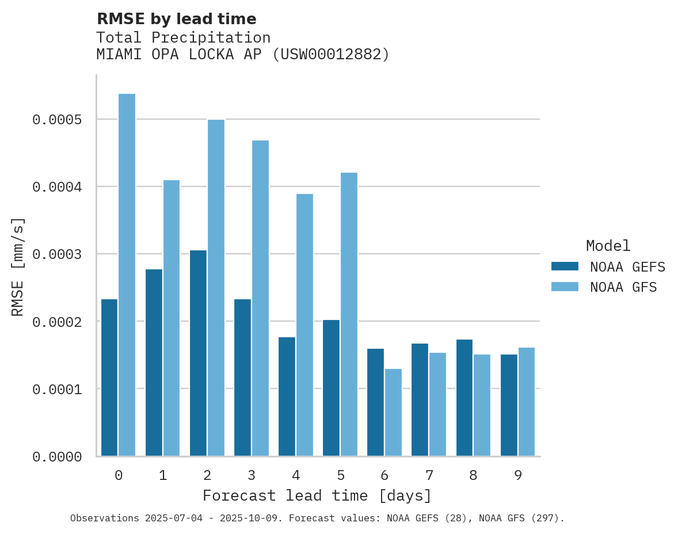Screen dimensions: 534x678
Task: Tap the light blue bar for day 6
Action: [393, 412]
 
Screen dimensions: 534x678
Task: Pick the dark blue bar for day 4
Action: [287, 396]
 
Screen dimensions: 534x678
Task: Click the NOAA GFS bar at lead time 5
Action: [349, 314]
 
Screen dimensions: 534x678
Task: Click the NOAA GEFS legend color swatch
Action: [564, 266]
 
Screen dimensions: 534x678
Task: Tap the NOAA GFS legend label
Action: [623, 287]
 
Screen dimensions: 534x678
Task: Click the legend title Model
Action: [608, 246]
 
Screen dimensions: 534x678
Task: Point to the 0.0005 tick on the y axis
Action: [58, 120]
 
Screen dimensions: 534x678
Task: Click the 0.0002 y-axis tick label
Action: [58, 322]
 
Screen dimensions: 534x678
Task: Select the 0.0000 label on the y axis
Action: [58, 457]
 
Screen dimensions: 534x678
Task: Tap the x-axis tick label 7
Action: [429, 475]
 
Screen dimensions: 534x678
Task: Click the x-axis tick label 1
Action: [163, 475]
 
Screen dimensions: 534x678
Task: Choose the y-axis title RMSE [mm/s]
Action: [18, 267]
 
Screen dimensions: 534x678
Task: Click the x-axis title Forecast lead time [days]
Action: [317, 495]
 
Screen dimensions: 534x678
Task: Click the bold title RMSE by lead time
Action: [176, 19]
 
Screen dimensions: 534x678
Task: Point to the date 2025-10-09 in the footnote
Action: [256, 518]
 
